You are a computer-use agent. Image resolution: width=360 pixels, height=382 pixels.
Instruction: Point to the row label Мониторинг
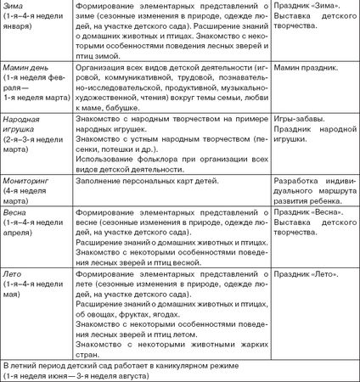pyautogui.click(x=31, y=179)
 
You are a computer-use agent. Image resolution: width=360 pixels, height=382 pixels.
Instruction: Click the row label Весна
pyautogui.click(x=17, y=209)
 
